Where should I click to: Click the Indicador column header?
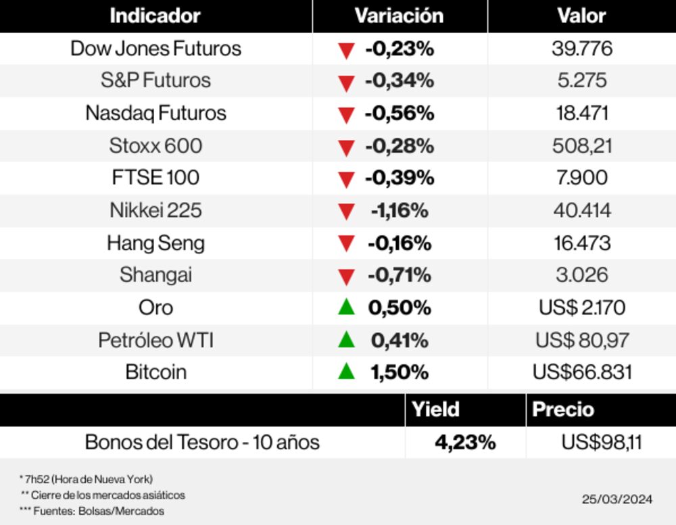tap(155, 16)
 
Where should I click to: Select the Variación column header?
tap(399, 16)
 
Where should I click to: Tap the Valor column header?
tap(581, 16)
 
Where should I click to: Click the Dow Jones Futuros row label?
tap(155, 49)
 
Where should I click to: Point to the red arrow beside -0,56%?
tap(346, 115)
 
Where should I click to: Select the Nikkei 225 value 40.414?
tap(582, 210)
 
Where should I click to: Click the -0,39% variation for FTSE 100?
tap(399, 178)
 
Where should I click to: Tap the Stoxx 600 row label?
tap(155, 145)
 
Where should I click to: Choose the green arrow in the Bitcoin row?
tap(346, 371)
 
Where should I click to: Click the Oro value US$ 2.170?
tap(582, 307)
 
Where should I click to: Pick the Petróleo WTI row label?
tap(155, 340)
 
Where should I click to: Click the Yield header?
tap(435, 409)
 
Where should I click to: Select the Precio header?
tap(563, 409)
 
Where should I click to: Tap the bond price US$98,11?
tap(601, 443)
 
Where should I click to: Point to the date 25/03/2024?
tap(617, 499)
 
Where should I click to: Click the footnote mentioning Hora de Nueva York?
tap(86, 479)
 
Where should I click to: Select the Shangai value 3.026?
tap(582, 275)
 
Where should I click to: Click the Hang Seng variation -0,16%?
tap(399, 243)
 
